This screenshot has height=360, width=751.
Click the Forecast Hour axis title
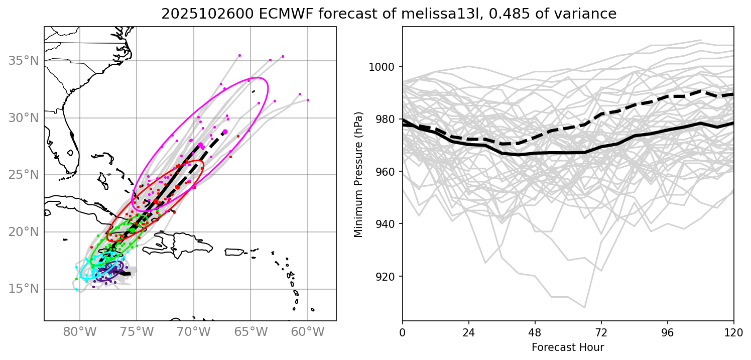coord(568,347)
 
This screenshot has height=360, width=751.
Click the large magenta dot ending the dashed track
coord(225,132)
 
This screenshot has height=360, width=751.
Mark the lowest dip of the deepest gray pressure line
coord(584,307)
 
